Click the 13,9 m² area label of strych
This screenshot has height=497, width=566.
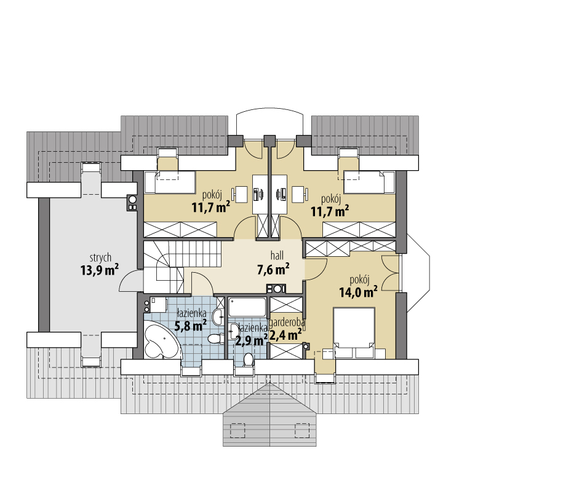pyautogui.click(x=100, y=270)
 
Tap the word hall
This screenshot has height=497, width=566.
pyautogui.click(x=277, y=256)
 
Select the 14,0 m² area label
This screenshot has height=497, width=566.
pyautogui.click(x=359, y=292)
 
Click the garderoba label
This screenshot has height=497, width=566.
pyautogui.click(x=287, y=322)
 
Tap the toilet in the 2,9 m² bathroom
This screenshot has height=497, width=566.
pyautogui.click(x=249, y=359)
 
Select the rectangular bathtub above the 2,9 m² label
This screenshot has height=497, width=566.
pyautogui.click(x=247, y=307)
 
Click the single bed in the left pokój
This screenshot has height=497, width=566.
pyautogui.click(x=170, y=182)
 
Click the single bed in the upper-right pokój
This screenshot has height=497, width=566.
pyautogui.click(x=369, y=182)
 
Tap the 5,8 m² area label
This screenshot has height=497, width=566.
pyautogui.click(x=191, y=326)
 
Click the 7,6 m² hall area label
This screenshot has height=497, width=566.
pyautogui.click(x=273, y=269)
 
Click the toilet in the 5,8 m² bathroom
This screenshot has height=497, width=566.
pyautogui.click(x=216, y=339)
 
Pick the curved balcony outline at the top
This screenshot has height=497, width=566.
pyautogui.click(x=269, y=111)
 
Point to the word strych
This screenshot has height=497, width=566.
pyautogui.click(x=100, y=258)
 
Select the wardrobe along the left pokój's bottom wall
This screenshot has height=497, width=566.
pyautogui.click(x=180, y=229)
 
